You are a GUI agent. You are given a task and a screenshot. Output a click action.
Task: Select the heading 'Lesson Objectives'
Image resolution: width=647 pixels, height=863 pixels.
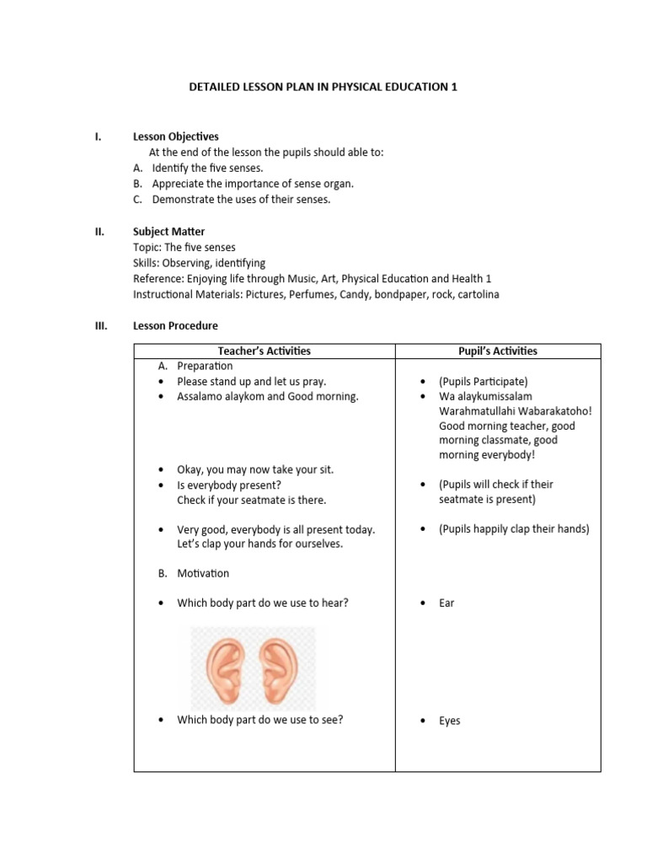[176, 137]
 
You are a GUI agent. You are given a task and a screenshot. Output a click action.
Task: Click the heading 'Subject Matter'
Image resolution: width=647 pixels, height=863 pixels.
[168, 232]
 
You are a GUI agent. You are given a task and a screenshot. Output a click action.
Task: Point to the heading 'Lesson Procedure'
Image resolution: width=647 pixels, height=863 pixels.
[175, 326]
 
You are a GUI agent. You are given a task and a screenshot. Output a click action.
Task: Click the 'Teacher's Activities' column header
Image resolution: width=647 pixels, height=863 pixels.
[265, 351]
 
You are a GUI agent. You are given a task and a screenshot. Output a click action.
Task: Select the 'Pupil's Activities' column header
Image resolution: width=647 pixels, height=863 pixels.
[497, 351]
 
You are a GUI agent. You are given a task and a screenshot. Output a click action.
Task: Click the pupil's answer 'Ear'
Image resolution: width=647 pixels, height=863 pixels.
[446, 603]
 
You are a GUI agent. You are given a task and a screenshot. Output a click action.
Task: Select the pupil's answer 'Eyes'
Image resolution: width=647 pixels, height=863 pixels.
[449, 721]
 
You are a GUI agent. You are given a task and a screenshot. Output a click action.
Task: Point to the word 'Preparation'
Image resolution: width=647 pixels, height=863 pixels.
[205, 367]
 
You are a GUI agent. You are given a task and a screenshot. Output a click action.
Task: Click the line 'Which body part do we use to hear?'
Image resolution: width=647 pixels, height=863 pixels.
[263, 603]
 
